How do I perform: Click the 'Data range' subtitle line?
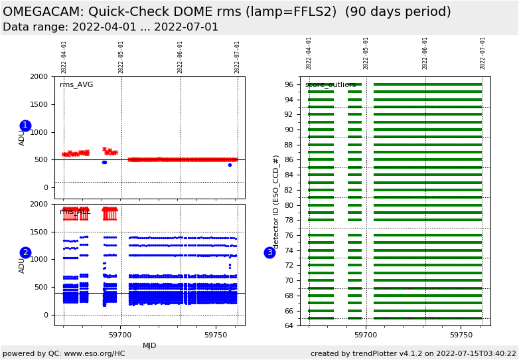(x=110, y=27)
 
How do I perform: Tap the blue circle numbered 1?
(x=25, y=126)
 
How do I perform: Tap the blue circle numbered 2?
(x=25, y=252)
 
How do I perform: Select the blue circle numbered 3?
(x=269, y=252)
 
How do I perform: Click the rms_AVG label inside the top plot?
(x=76, y=85)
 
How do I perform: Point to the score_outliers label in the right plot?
(x=331, y=85)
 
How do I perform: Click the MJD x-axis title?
(x=149, y=345)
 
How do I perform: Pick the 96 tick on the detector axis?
(x=289, y=84)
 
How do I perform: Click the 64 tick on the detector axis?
(x=289, y=325)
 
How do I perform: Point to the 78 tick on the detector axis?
(x=289, y=220)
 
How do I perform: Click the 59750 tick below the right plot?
(x=461, y=335)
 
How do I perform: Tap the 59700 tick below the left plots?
(x=121, y=335)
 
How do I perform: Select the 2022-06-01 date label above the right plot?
(x=425, y=53)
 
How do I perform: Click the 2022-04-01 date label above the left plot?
(x=64, y=56)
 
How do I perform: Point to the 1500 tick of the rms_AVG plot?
(x=39, y=104)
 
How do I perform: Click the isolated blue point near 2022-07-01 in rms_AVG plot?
(x=230, y=165)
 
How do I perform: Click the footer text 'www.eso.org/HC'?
(x=92, y=353)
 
